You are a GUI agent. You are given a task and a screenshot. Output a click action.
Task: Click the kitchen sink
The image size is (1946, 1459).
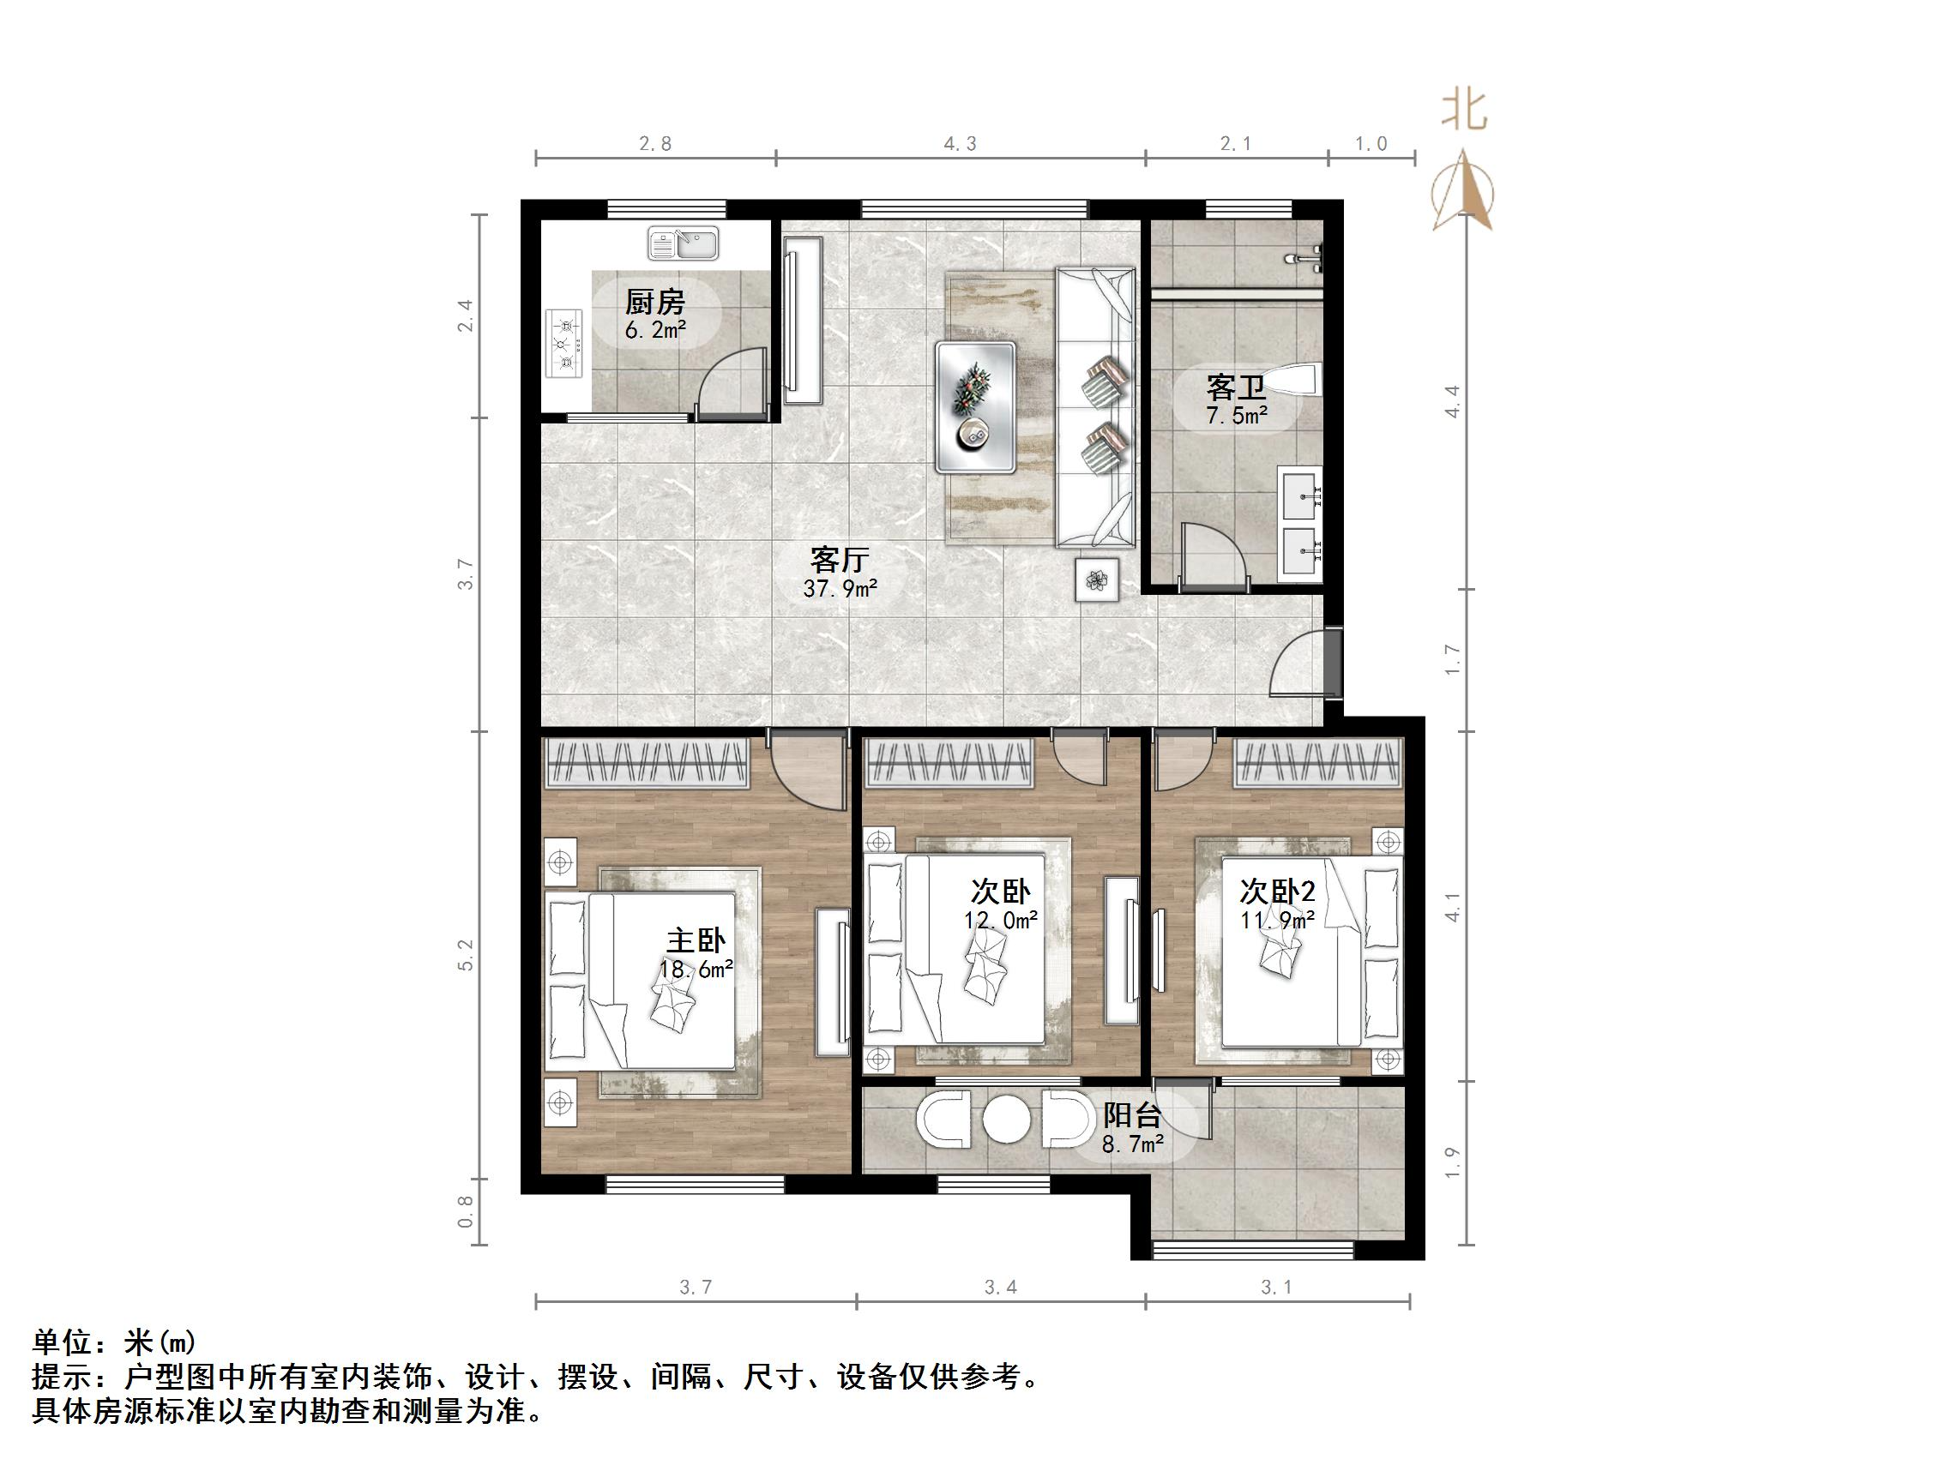click(x=683, y=243)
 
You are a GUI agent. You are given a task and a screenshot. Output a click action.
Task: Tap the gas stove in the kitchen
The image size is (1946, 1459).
click(x=565, y=343)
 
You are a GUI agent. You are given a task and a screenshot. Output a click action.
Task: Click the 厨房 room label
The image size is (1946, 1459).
click(x=655, y=303)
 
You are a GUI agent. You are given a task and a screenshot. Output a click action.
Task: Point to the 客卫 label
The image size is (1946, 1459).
click(x=1235, y=387)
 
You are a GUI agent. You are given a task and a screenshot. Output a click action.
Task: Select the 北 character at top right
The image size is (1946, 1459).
click(x=1464, y=111)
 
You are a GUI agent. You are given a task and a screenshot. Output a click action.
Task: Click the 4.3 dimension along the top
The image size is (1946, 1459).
click(x=960, y=144)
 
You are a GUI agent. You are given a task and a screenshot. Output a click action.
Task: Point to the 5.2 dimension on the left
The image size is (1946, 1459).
click(x=466, y=955)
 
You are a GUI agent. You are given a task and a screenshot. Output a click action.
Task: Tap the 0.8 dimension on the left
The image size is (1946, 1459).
click(x=466, y=1211)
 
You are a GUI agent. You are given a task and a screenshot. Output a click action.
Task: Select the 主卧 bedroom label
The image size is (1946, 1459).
click(x=696, y=941)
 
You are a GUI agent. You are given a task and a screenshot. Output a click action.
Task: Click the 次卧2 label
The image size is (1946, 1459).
click(x=1277, y=892)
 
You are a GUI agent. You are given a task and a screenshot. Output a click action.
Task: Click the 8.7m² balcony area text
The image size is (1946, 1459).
click(x=1133, y=1144)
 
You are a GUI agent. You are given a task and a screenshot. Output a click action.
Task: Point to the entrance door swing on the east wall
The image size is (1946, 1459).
click(x=1298, y=666)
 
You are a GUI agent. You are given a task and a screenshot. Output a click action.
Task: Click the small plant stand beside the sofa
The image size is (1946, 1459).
click(x=1096, y=579)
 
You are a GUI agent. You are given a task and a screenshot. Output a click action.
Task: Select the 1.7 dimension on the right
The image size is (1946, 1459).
click(x=1453, y=659)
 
